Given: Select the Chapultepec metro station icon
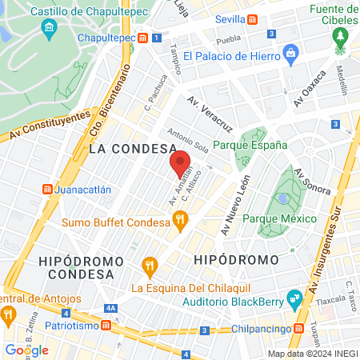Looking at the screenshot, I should click(x=142, y=38).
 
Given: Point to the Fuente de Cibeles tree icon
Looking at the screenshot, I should click(x=342, y=37).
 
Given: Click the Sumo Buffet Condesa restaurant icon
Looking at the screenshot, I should click(x=182, y=218).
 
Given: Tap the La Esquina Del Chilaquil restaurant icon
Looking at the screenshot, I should click(x=149, y=265).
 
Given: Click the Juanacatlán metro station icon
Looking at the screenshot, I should click(x=47, y=190).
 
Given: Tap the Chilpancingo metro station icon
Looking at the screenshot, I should click(x=298, y=328).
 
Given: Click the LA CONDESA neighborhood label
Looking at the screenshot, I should click(x=132, y=149).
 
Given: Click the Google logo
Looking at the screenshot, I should click(x=26, y=350).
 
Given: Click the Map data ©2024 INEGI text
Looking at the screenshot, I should click(x=312, y=354).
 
